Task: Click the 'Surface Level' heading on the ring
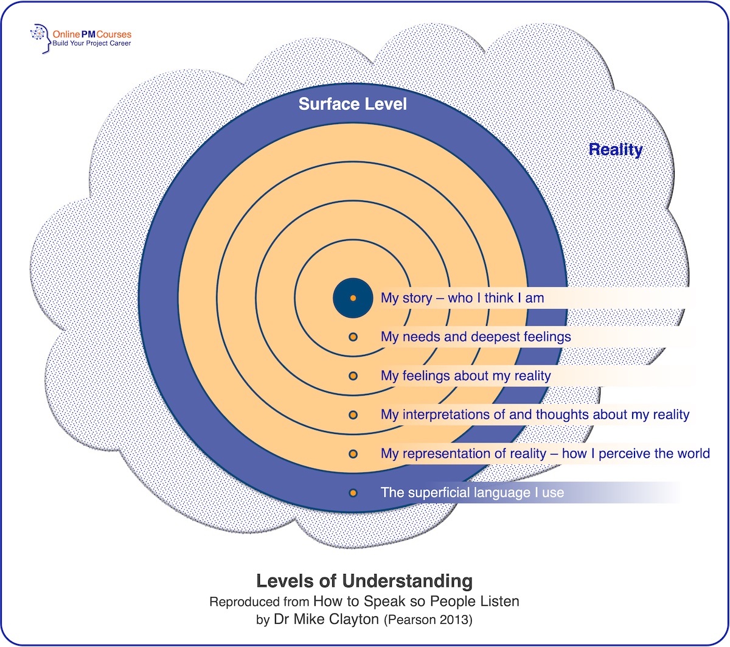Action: (352, 104)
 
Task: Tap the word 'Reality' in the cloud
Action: (616, 150)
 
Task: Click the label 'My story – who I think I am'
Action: (462, 298)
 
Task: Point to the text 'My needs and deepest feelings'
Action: (476, 337)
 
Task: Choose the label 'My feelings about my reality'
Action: (465, 376)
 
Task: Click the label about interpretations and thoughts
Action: (535, 415)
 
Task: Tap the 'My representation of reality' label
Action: (545, 454)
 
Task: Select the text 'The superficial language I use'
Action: (472, 493)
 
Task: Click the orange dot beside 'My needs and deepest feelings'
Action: (353, 337)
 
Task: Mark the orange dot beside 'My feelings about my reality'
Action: (353, 376)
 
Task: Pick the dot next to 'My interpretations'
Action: (353, 415)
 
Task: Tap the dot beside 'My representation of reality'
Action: (353, 454)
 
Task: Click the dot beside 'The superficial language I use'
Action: (353, 493)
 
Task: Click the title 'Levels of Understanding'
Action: (364, 581)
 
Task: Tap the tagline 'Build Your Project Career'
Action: (91, 44)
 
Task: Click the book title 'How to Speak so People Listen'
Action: (416, 602)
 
